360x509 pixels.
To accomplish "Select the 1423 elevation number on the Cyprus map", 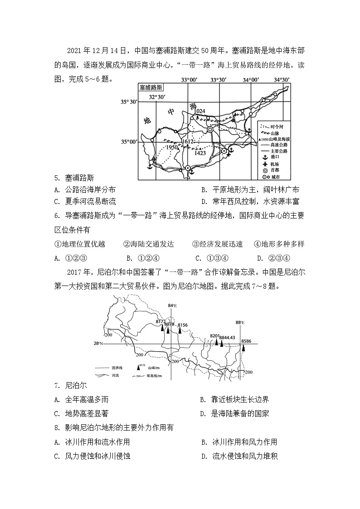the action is [x=200, y=153].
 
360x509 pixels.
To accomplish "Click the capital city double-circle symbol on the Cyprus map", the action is [x=210, y=130].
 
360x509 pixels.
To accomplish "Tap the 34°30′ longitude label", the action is [x=282, y=80].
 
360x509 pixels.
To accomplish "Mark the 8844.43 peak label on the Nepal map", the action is [x=227, y=337].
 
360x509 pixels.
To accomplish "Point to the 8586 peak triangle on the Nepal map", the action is [x=244, y=348].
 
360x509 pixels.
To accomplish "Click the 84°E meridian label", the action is [x=172, y=305].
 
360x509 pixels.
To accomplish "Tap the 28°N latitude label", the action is [x=98, y=344].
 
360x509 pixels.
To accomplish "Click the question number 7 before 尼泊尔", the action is [x=56, y=386].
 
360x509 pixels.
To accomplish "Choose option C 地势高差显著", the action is [x=82, y=413].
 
